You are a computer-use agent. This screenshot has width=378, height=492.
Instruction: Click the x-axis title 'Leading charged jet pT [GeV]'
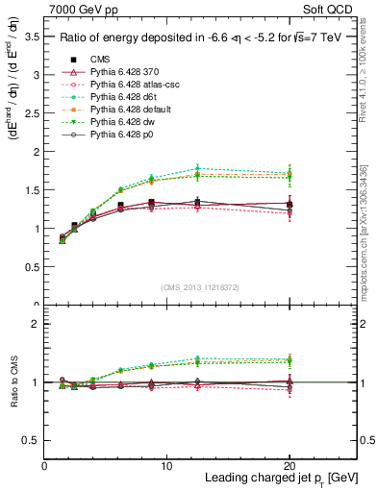point(282,478)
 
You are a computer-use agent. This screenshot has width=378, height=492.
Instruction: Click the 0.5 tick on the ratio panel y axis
point(30,440)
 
